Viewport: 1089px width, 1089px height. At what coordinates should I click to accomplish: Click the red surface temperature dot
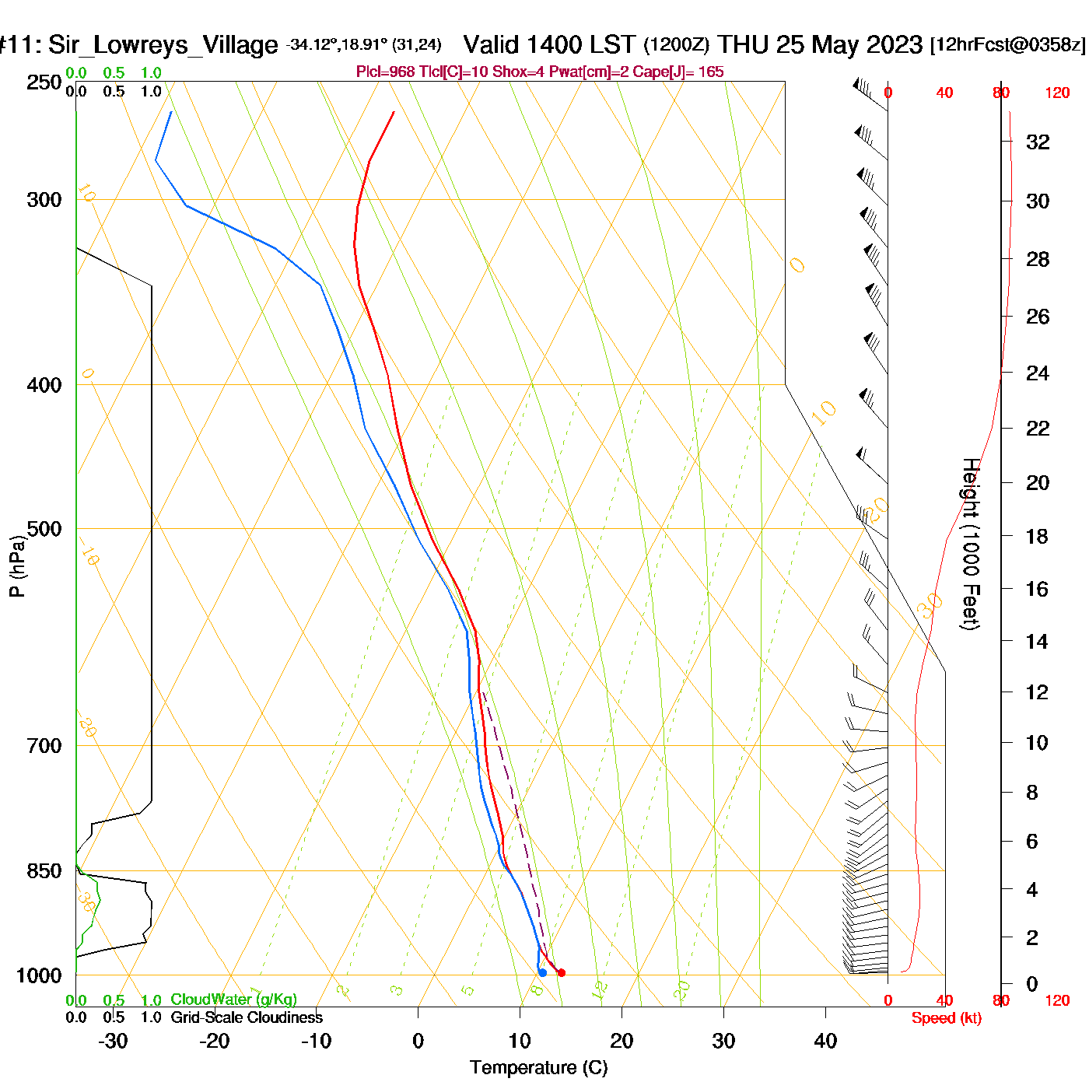click(x=562, y=972)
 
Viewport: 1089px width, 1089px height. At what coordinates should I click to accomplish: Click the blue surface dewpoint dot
click(x=542, y=972)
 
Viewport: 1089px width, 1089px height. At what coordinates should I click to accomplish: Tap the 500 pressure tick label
click(x=44, y=529)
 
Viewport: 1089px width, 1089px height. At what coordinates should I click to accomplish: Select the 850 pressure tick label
click(x=44, y=871)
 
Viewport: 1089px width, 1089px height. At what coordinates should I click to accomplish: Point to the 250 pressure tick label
click(x=44, y=82)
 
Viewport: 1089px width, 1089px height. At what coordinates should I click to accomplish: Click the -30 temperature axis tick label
click(x=113, y=1041)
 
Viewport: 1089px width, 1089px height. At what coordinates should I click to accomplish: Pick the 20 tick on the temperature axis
click(x=622, y=1041)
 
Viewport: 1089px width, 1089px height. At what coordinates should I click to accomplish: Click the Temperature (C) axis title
click(x=538, y=1068)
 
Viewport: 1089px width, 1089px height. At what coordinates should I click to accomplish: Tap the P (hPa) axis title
click(x=17, y=566)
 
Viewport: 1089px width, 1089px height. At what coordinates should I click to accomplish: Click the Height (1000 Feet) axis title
click(x=970, y=544)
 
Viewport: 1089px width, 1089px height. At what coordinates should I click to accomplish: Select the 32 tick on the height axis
click(x=1038, y=142)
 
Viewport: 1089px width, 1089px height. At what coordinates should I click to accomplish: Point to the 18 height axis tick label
click(x=1037, y=536)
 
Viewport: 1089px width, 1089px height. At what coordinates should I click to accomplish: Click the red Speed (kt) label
click(x=946, y=1018)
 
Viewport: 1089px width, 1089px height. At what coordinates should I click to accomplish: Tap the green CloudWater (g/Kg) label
click(x=233, y=1000)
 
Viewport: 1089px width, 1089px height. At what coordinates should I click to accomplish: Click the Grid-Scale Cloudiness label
click(x=247, y=1017)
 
